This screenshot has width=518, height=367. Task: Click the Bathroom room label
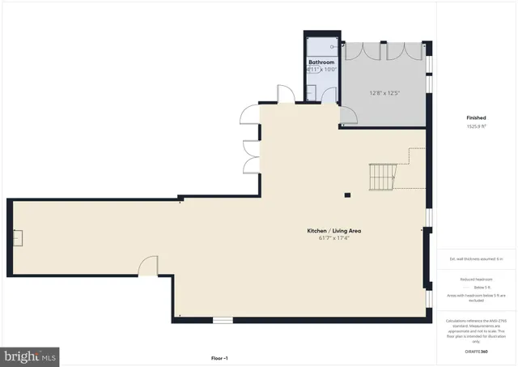(321, 62)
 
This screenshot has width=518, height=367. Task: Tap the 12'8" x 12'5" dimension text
(385, 92)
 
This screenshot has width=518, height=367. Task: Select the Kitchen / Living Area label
(333, 231)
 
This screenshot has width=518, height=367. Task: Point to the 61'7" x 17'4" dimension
(333, 238)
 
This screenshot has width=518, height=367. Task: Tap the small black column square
(347, 194)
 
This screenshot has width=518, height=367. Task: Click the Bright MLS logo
(31, 355)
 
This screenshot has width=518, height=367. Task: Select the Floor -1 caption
(219, 357)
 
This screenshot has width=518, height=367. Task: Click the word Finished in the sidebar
(476, 117)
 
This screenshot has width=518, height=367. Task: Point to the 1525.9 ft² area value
(476, 126)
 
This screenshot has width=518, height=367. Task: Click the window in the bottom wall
(223, 320)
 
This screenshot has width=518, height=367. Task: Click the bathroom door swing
(329, 93)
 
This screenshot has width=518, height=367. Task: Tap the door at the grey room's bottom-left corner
(348, 119)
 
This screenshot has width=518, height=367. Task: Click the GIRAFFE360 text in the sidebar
(476, 352)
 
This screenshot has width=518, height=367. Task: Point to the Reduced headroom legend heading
(476, 279)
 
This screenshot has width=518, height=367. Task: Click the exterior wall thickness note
(476, 258)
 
